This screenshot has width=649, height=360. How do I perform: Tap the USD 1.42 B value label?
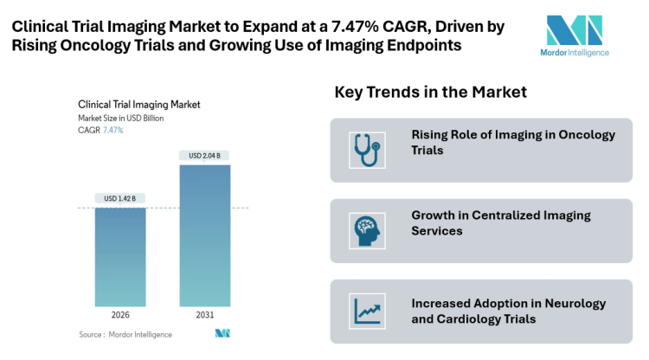[x=119, y=198]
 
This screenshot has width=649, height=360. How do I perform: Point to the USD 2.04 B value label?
[x=205, y=156]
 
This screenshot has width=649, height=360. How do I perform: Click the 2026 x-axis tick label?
[x=119, y=316]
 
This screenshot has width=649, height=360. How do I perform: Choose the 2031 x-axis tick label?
[x=205, y=316]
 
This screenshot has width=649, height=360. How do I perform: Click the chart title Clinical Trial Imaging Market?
[x=138, y=104]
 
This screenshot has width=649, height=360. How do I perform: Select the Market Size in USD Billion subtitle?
[x=120, y=118]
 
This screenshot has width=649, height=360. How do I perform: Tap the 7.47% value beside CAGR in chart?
[x=113, y=130]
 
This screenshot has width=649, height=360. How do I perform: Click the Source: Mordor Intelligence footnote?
[x=125, y=334]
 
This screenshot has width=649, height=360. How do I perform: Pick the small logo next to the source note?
[x=222, y=334]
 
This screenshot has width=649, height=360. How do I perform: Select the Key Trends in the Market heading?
[x=430, y=92]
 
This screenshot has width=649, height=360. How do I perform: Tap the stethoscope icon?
[x=366, y=149]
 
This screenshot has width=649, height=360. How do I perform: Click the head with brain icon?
[x=366, y=230]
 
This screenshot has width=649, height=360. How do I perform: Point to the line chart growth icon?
[x=366, y=311]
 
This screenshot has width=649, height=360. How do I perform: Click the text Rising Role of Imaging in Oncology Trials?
[x=513, y=142]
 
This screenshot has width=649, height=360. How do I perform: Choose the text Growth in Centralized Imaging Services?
[x=501, y=223]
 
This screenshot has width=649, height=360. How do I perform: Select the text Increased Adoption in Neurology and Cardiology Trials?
[x=508, y=311]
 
